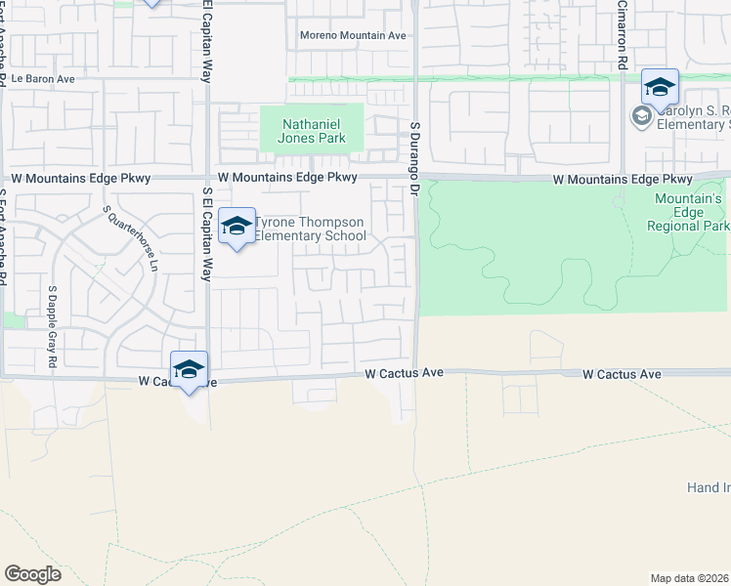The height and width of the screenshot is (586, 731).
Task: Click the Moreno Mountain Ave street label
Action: (x=353, y=35)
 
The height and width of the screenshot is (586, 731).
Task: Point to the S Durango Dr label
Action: (x=414, y=156)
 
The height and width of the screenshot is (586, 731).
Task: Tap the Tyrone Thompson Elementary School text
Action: (x=310, y=229)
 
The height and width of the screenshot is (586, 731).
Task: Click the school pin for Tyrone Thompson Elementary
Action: (x=236, y=228)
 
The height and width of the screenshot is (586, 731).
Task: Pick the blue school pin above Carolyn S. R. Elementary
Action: (x=660, y=89)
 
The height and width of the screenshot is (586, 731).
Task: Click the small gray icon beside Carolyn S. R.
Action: (x=641, y=117)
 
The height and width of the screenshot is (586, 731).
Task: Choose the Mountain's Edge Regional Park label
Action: (x=688, y=212)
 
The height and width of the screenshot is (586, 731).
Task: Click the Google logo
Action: (x=32, y=574)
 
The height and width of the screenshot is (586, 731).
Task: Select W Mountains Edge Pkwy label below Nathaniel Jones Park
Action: (x=288, y=178)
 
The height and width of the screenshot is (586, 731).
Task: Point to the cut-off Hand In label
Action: (x=708, y=487)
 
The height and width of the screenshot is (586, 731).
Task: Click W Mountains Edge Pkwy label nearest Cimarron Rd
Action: (x=623, y=180)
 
